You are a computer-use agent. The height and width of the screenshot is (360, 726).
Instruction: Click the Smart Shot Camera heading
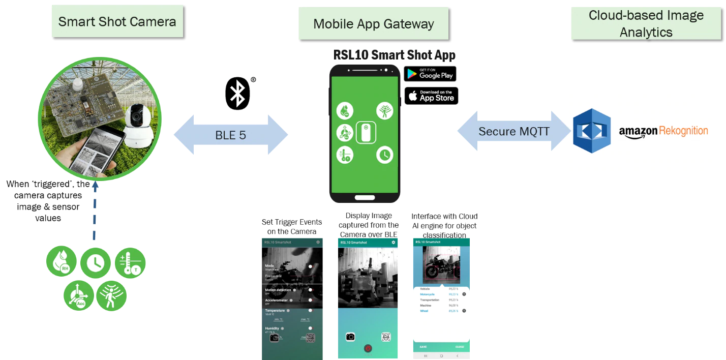point(117,21)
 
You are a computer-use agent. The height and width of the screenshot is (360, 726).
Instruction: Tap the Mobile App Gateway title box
point(373,24)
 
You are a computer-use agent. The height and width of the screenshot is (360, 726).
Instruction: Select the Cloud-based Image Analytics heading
point(646,24)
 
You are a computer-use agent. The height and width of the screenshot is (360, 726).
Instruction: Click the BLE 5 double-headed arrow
point(230,135)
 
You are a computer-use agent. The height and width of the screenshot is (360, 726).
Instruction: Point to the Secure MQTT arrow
point(513,132)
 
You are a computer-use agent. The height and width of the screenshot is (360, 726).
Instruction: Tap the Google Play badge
point(430,74)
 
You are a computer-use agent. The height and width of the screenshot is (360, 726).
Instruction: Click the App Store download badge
point(431,96)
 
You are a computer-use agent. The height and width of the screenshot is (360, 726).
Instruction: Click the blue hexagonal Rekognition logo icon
point(591,131)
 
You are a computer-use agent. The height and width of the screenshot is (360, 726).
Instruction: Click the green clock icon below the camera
point(96,263)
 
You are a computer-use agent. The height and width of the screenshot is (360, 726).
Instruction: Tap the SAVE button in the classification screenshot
point(423,347)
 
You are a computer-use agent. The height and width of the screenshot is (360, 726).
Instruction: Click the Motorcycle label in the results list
point(427,294)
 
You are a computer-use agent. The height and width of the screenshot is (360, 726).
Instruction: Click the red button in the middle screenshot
point(368,348)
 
